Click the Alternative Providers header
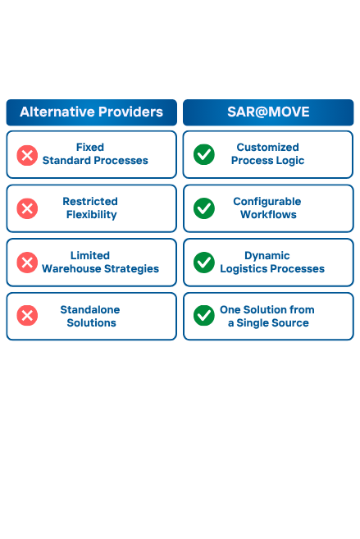(x=91, y=112)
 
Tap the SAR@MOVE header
(x=268, y=112)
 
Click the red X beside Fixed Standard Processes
(x=27, y=155)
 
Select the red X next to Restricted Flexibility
(x=27, y=208)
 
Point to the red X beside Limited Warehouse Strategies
(x=27, y=263)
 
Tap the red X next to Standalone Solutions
(x=27, y=316)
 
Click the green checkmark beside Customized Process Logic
(x=204, y=154)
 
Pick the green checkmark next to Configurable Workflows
(x=204, y=208)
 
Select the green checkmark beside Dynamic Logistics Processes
(x=204, y=263)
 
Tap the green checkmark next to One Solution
(x=204, y=316)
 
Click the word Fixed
(x=90, y=147)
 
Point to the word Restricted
(x=90, y=202)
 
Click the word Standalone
(x=90, y=310)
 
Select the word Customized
(x=267, y=147)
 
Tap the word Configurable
(x=267, y=202)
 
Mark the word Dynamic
(x=267, y=256)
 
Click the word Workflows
(x=268, y=214)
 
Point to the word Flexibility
(x=91, y=215)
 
